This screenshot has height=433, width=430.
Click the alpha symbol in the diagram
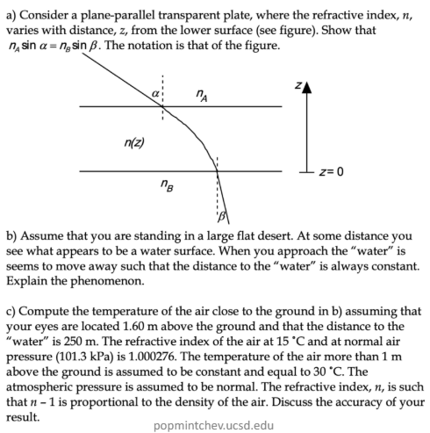(154, 91)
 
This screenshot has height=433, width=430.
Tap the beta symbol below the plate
(223, 215)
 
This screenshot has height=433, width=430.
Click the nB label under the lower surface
(167, 184)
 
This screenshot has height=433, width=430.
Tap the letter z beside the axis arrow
(297, 86)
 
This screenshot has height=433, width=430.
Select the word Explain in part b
(27, 282)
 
